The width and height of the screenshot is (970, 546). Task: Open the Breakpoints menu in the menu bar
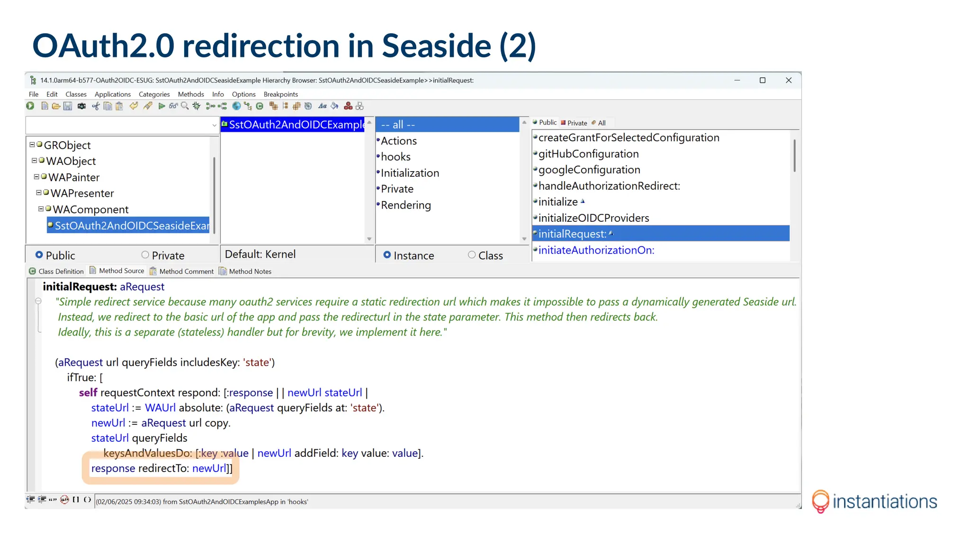(280, 94)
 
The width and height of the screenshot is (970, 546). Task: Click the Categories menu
(154, 94)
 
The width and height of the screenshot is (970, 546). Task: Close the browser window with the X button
(789, 81)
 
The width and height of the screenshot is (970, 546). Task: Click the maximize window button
(763, 81)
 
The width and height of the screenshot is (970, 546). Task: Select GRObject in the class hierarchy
(67, 146)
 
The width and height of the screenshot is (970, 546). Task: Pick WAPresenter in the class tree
(82, 193)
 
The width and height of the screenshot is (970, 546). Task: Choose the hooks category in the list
(395, 157)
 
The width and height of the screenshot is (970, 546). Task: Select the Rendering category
(406, 205)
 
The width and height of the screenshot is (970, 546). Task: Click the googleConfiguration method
(589, 170)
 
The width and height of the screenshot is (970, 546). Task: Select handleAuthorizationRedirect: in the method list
(609, 186)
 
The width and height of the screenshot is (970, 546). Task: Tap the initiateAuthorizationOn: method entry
(596, 250)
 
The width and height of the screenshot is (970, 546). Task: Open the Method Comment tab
(186, 272)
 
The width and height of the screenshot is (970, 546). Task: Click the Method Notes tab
(250, 272)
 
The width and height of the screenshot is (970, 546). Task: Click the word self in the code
(88, 393)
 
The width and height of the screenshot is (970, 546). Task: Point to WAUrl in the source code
(160, 408)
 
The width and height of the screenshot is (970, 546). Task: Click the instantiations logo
(874, 501)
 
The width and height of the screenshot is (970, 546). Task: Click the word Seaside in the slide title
(436, 46)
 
